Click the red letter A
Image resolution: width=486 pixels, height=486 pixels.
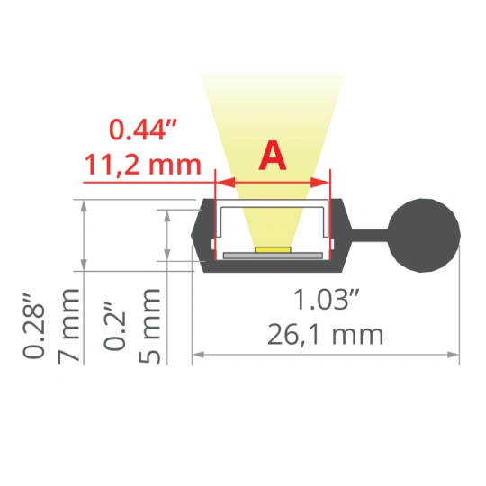click(x=273, y=156)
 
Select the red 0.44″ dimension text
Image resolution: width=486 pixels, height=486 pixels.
click(x=143, y=130)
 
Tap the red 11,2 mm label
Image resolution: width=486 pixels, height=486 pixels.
click(x=143, y=165)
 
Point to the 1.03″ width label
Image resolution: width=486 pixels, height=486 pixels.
click(x=326, y=299)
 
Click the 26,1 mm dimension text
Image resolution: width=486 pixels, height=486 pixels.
click(x=326, y=335)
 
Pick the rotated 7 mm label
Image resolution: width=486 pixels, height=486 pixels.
click(x=68, y=326)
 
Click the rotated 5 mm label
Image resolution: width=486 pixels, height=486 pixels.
click(x=149, y=326)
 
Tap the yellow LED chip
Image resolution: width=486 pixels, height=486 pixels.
click(x=273, y=249)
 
